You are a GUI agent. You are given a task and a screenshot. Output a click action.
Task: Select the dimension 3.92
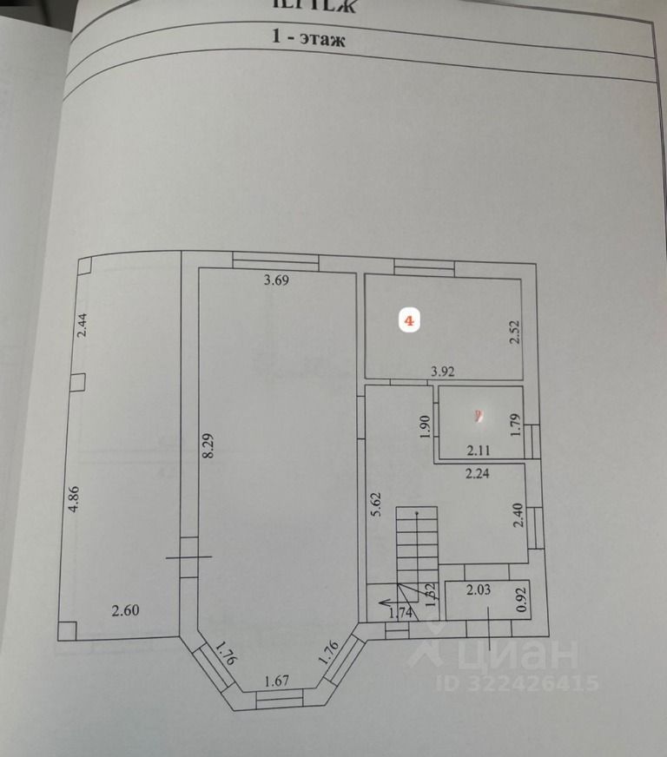pos(445,372)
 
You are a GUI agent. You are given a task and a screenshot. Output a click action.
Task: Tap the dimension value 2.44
pos(82,324)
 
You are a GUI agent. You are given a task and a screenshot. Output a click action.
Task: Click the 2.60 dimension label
pos(125,609)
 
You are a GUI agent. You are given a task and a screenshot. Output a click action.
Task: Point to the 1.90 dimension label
pos(426,426)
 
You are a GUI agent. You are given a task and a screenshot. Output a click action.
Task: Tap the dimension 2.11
pos(479,450)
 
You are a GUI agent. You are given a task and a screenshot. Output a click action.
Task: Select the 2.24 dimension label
pos(479,475)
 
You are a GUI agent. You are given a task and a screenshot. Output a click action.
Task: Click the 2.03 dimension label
pos(479,591)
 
